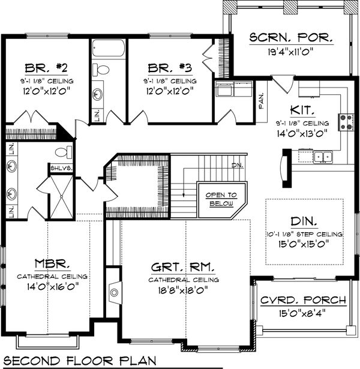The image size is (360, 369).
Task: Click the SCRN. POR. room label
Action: pos(290,37)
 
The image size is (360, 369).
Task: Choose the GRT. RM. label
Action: pos(185,266)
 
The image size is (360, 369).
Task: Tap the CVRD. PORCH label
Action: pos(304,300)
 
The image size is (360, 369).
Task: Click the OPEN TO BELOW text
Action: pos(221,199)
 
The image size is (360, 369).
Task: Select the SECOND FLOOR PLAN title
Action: pos(77,361)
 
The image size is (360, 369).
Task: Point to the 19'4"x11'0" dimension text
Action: pos(290,52)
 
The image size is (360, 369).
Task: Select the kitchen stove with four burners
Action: pos(346,122)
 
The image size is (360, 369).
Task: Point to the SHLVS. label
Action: pos(61,168)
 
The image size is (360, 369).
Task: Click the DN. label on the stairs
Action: pos(236,165)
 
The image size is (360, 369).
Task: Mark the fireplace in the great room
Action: pos(113,293)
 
